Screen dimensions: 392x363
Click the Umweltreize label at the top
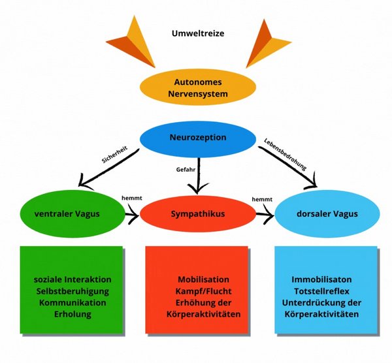click(x=198, y=33)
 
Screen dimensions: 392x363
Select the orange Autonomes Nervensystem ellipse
click(x=198, y=87)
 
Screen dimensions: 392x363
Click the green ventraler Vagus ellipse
click(x=73, y=214)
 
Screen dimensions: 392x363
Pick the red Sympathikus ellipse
click(x=198, y=214)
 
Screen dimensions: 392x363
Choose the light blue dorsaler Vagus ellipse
click(x=327, y=214)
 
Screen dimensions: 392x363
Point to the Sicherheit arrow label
click(x=114, y=155)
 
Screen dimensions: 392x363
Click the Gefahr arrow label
click(x=186, y=170)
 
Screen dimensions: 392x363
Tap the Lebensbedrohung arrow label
click(x=286, y=154)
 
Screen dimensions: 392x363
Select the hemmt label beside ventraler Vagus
click(x=132, y=198)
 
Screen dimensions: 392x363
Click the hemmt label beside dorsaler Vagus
click(x=262, y=199)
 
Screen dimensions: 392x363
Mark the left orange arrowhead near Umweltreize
click(x=133, y=42)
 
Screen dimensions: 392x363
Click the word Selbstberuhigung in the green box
click(x=73, y=291)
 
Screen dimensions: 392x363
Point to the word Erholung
click(x=73, y=314)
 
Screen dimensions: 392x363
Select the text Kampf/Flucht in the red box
click(x=203, y=291)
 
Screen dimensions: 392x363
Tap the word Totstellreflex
click(x=321, y=291)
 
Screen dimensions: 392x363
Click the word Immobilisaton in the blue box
click(x=321, y=279)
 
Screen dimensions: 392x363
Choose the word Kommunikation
click(x=73, y=302)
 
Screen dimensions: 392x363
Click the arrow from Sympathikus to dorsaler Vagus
click(x=265, y=214)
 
